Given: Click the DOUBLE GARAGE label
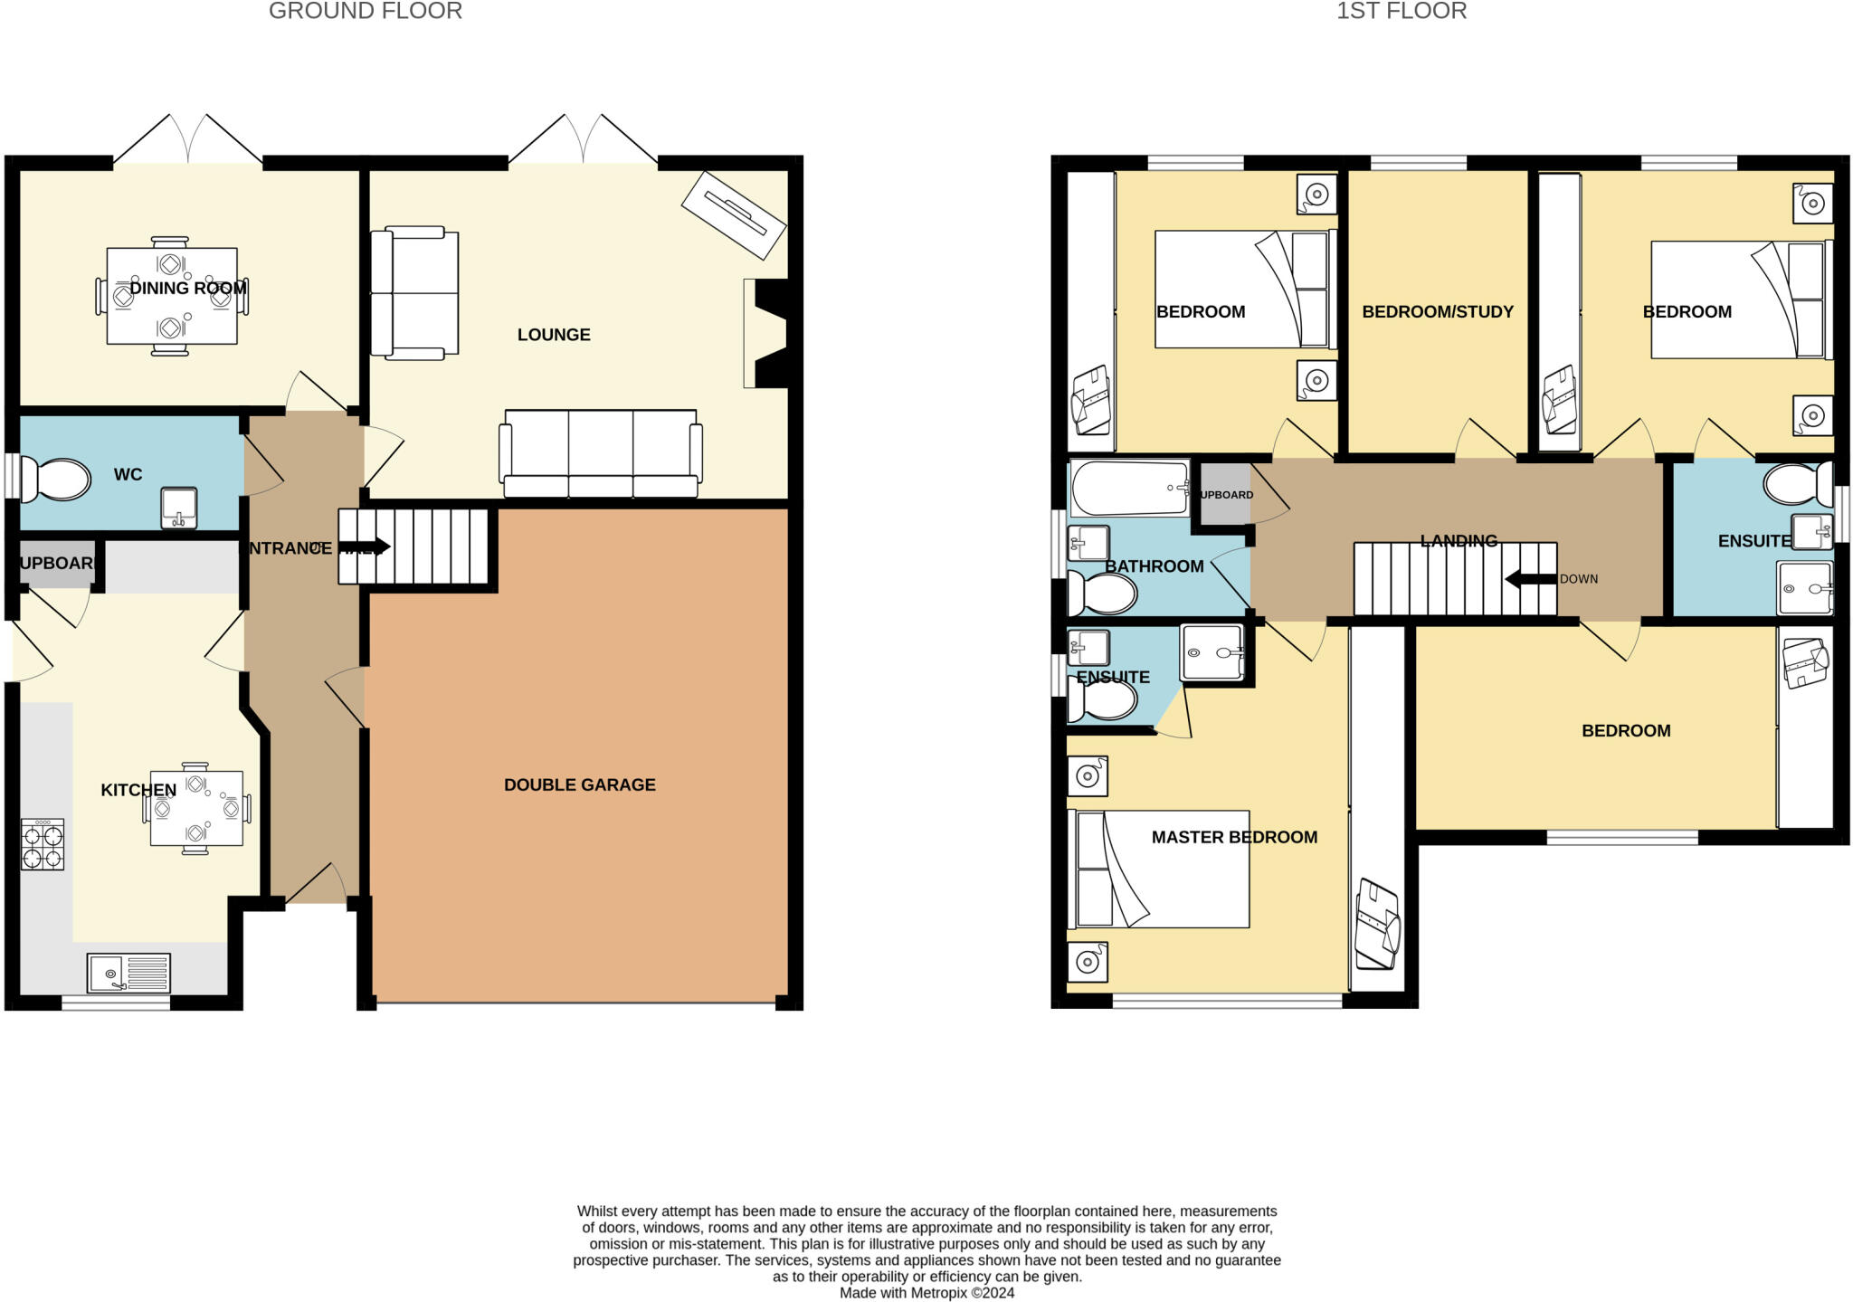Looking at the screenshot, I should click(579, 784).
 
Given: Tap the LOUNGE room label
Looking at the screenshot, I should click(554, 335).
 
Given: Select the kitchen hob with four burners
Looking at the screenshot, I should click(43, 844).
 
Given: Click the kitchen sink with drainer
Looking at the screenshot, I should click(128, 974).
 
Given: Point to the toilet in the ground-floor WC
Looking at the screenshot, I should click(56, 479).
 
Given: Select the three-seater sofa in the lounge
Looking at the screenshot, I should click(601, 453).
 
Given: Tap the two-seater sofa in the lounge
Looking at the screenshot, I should click(414, 291).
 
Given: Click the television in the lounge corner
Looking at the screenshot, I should click(733, 215).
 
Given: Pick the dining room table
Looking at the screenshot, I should click(172, 296).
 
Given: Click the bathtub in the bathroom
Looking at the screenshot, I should click(1130, 488).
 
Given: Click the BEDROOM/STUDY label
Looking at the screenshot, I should click(1437, 312).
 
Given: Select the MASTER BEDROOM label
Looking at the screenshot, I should click(1233, 837).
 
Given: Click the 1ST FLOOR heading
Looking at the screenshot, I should click(1402, 12).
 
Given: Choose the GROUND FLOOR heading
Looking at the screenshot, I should click(366, 12).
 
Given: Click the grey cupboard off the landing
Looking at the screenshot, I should click(1224, 494).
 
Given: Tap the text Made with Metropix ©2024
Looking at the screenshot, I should click(926, 1293).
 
